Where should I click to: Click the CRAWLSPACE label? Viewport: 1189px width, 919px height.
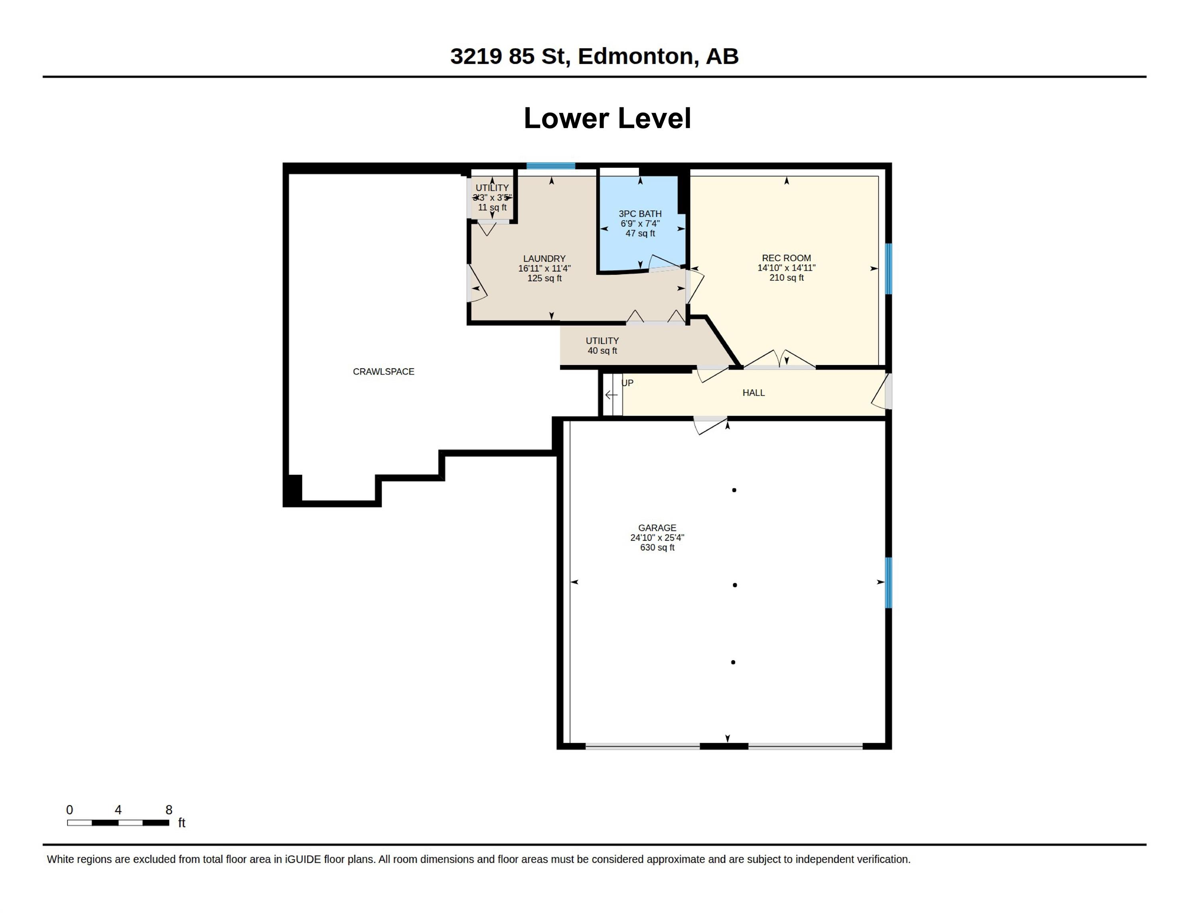pos(383,371)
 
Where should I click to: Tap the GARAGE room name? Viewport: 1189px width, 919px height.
pos(657,528)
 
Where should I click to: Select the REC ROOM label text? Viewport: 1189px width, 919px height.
pos(786,258)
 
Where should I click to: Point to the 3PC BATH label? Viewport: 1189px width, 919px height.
pos(640,214)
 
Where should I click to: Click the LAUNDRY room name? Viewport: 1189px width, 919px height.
pos(544,258)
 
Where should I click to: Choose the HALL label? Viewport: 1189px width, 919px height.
pos(753,392)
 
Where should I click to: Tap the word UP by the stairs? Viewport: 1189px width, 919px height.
pos(628,383)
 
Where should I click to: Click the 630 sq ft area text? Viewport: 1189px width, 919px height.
pos(657,547)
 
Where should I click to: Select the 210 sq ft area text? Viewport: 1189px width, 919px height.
pos(786,278)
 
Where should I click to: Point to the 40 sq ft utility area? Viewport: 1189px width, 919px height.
pos(602,351)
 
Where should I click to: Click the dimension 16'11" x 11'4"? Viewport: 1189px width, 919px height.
pos(544,268)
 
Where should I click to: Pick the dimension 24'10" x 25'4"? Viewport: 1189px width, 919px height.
pos(657,537)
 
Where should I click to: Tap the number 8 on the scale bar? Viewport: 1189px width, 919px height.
pos(169,810)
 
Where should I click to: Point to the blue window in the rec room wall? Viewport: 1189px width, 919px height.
pos(889,268)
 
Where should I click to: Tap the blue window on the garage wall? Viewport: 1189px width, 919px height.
pos(889,582)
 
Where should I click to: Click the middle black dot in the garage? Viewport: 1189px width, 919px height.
pos(735,585)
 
